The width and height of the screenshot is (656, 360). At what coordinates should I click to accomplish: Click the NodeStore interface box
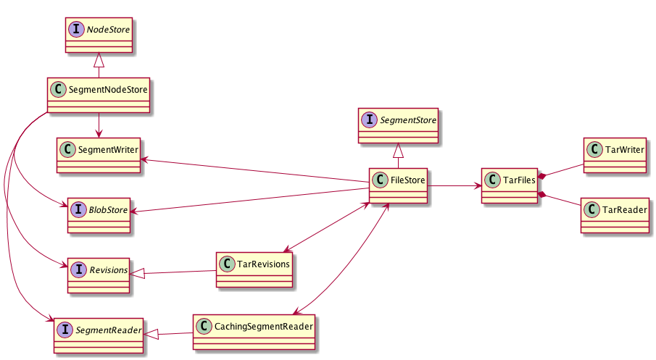click(99, 35)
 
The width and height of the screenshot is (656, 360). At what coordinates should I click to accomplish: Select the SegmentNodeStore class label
click(107, 91)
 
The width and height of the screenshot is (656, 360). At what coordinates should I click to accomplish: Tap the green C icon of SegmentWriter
click(67, 150)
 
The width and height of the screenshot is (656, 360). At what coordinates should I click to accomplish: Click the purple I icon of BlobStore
click(78, 210)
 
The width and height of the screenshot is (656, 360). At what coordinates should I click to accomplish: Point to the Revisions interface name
click(108, 270)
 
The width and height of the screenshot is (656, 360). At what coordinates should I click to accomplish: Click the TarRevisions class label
click(263, 264)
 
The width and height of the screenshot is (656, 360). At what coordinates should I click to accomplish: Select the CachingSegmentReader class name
click(263, 327)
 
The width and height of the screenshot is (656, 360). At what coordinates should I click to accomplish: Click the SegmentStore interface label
click(409, 120)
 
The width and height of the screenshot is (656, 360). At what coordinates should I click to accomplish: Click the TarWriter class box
click(615, 156)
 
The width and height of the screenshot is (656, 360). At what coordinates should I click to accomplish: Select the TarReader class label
click(624, 209)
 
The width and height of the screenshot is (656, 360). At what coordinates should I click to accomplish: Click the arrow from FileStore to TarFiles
click(454, 186)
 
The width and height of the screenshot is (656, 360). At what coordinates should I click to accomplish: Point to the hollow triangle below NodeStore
click(99, 61)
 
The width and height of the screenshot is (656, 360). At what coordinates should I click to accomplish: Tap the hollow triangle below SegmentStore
click(398, 150)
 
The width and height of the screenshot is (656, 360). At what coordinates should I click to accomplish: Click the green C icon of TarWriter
click(595, 150)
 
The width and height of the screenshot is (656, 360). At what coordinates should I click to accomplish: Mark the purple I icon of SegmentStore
click(370, 120)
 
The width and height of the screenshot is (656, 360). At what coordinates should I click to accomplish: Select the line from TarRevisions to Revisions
click(174, 272)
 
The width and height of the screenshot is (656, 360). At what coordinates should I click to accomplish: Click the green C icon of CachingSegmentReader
click(204, 327)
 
